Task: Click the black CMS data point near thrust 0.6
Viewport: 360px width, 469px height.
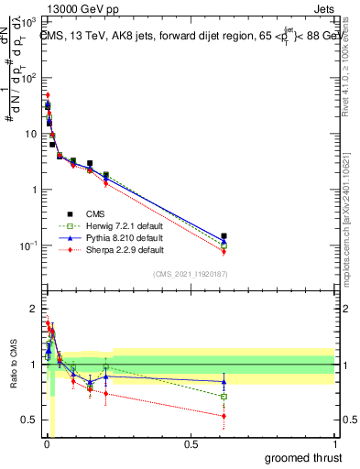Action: pyautogui.click(x=224, y=236)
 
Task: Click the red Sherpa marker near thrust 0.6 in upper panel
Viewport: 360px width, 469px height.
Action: pyautogui.click(x=224, y=252)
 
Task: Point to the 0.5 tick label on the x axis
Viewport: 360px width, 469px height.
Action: pyautogui.click(x=191, y=445)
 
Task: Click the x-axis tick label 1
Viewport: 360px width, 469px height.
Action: pyautogui.click(x=334, y=445)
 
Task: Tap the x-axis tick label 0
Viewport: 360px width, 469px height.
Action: pyautogui.click(x=47, y=445)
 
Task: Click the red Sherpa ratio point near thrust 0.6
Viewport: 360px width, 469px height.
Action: pyautogui.click(x=224, y=416)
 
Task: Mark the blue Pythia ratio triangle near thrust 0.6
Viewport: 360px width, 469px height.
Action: pyautogui.click(x=224, y=381)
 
